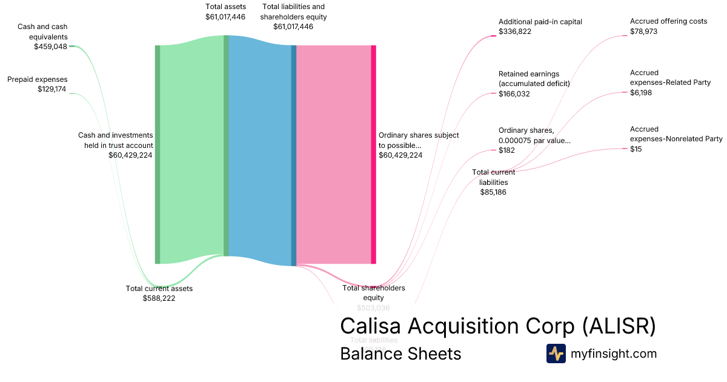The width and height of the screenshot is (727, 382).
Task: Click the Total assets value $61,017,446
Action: click(x=225, y=17)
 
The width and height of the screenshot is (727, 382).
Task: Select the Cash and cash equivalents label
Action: click(x=42, y=32)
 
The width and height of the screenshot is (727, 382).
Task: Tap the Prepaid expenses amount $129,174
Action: click(x=51, y=89)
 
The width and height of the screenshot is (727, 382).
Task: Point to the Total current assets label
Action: click(x=159, y=289)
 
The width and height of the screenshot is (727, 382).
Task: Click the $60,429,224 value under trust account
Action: click(x=130, y=155)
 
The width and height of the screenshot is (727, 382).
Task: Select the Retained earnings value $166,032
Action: click(x=514, y=94)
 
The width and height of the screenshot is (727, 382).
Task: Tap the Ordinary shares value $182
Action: click(x=506, y=150)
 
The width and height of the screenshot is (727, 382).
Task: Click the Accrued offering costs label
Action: click(x=668, y=21)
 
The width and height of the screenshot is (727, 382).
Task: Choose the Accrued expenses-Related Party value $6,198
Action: click(x=641, y=93)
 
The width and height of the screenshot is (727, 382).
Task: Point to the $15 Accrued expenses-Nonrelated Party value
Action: click(x=636, y=149)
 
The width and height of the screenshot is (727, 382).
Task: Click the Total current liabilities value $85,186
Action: click(x=493, y=192)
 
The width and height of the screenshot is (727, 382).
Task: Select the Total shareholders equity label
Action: click(x=374, y=292)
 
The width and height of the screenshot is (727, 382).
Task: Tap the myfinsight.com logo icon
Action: click(x=556, y=354)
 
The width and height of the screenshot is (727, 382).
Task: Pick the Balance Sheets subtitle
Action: click(x=400, y=354)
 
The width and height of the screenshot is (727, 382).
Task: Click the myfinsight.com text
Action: click(x=614, y=354)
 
